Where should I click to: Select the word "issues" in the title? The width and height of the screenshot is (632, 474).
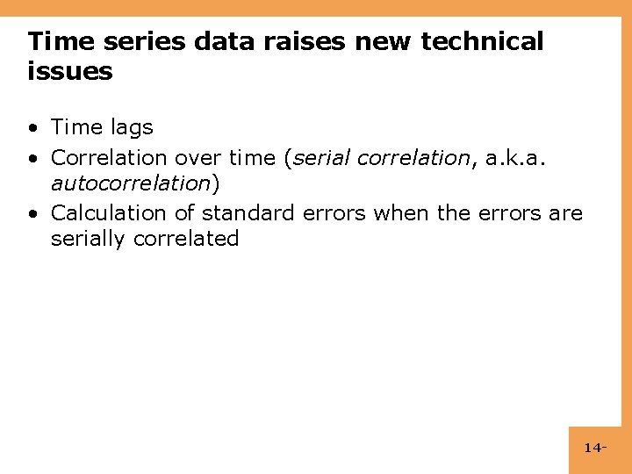pos(70,71)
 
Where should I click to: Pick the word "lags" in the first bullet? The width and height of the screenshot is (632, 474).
pos(132,128)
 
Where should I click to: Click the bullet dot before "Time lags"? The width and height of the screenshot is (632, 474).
pos(32,128)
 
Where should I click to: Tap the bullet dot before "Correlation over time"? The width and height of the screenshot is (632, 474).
pos(32,158)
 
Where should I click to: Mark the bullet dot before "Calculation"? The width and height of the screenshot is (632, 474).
pos(32,213)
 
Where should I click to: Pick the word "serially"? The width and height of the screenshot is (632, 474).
pos(89,239)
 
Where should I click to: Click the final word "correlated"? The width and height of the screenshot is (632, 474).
pos(186,239)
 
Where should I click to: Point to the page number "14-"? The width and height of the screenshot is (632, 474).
pos(595,449)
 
